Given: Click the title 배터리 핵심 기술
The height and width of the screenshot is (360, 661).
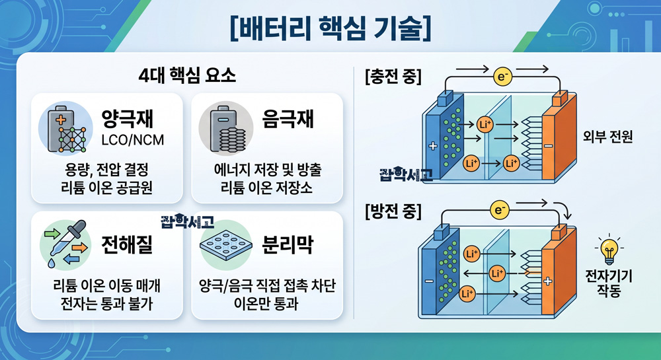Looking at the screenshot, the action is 330,28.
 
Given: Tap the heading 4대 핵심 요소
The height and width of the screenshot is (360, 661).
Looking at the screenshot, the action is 187,76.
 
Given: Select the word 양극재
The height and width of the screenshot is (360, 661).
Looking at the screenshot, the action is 128,118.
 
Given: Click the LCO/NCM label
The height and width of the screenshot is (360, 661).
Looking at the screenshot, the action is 132,140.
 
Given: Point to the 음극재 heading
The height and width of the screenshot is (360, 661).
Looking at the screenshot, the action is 288,118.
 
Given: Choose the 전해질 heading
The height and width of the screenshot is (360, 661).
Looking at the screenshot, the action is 127,244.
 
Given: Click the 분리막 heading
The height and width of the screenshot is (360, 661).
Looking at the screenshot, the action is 288,244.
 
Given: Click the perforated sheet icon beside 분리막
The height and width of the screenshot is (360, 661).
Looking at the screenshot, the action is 226,246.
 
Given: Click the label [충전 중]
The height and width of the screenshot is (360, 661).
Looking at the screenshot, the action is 393,77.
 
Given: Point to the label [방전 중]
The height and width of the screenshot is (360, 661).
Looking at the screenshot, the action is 393,211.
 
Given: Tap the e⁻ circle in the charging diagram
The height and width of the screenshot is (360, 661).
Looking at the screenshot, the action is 502,77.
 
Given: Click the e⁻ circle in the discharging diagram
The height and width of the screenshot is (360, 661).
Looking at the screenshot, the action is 500,209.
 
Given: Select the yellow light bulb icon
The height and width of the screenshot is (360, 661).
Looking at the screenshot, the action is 609,249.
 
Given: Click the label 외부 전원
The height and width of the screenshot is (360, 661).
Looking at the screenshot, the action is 607,137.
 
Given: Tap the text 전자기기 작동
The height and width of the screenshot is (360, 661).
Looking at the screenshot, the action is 609,283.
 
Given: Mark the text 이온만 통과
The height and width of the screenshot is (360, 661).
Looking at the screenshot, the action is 266,303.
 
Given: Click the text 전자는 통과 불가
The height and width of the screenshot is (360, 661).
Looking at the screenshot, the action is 106,303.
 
